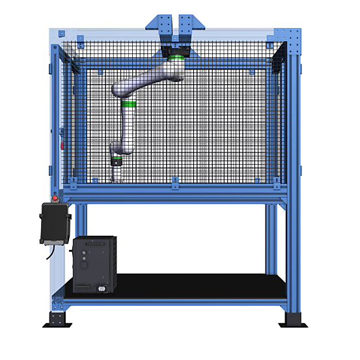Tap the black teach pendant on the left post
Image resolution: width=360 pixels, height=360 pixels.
tap(55, 223)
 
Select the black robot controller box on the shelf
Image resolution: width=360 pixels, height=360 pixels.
tap(94, 264)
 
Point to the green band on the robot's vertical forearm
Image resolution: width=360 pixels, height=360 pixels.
tap(128, 104)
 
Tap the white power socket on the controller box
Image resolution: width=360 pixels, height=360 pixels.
tap(101, 286)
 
